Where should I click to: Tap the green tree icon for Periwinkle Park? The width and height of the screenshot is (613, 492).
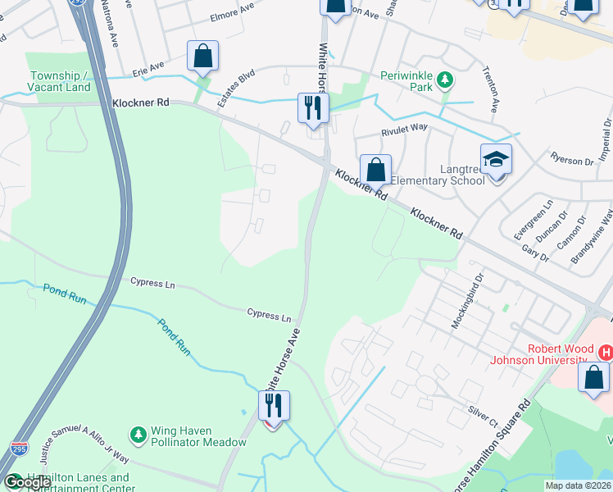tap(444, 80)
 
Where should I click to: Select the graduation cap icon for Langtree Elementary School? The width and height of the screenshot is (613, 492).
tap(496, 159)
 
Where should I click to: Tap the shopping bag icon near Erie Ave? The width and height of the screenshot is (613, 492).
tap(202, 57)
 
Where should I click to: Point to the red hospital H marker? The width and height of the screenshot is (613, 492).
tap(606, 353)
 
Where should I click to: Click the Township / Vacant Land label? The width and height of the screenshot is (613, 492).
tap(58, 81)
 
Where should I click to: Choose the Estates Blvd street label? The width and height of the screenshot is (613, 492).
tap(235, 88)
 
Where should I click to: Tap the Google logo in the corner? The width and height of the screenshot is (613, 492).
tap(26, 483)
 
